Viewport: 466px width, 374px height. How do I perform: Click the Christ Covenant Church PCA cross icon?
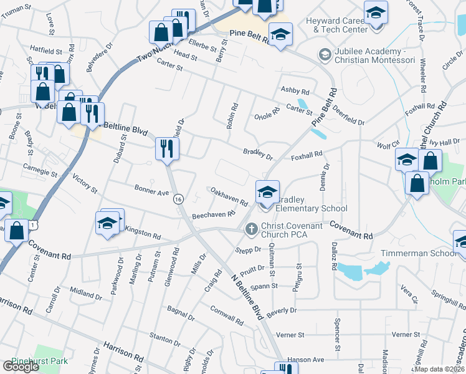(252, 229)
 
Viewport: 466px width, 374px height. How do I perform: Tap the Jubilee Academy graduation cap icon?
(324, 55)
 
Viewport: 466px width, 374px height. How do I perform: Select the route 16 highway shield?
(179, 199)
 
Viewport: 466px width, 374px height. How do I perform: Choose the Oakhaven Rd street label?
(229, 197)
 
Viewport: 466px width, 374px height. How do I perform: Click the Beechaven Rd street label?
(213, 214)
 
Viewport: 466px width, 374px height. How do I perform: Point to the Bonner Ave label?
(151, 190)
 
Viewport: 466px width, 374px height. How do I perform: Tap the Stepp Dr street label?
(247, 250)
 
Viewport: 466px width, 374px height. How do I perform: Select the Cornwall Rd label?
(226, 315)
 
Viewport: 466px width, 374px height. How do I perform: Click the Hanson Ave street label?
(306, 360)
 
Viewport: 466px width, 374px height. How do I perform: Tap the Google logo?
(21, 367)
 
